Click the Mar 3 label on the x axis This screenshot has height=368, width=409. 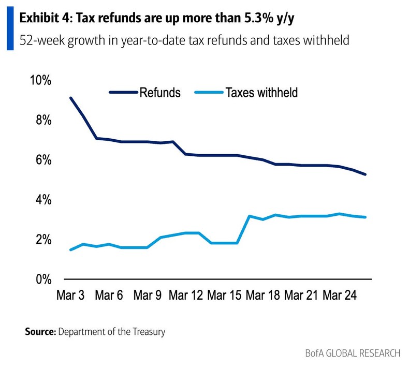pos(70,296)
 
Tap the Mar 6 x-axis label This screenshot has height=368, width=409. pos(109,296)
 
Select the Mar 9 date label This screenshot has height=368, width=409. pos(148,296)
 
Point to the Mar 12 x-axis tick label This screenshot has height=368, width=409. pos(186,296)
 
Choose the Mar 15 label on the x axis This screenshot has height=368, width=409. pos(224,296)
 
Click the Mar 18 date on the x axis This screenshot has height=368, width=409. pos(262,296)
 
